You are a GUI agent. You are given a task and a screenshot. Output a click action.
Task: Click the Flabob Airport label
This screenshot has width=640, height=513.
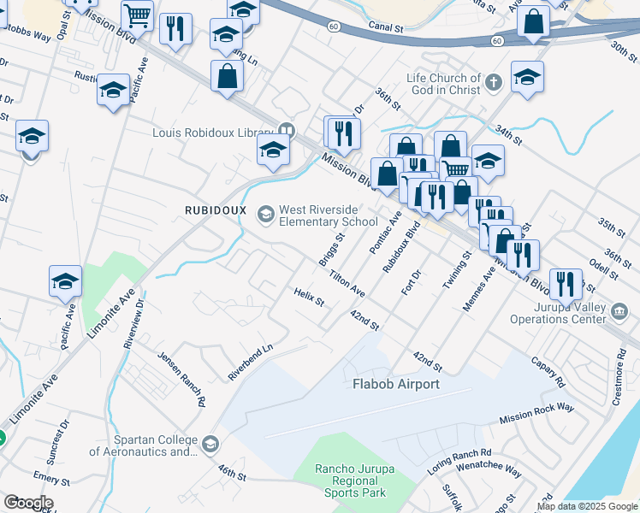(396, 384)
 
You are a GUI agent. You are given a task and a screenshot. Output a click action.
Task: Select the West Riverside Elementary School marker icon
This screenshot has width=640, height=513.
(266, 213)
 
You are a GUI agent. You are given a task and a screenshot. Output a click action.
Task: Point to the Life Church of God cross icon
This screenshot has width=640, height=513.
(492, 83)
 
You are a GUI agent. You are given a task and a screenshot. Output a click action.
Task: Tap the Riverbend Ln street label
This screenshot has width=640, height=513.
(250, 362)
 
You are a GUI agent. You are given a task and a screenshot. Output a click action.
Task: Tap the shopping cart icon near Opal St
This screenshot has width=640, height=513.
(137, 15)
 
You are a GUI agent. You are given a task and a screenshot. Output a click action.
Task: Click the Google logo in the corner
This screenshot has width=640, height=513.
(27, 503)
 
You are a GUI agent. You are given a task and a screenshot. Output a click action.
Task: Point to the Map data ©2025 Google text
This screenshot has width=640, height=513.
(587, 506)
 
